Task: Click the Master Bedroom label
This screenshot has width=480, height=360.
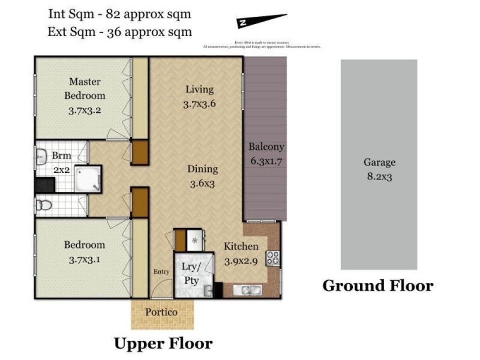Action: (x=85, y=88)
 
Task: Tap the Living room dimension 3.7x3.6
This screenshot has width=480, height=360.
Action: (x=199, y=103)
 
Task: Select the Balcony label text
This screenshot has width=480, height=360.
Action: (x=266, y=146)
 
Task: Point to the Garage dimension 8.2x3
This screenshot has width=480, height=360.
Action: (x=379, y=176)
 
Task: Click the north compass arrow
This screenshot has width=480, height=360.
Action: (x=262, y=21)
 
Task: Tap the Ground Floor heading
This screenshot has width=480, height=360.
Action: (x=378, y=286)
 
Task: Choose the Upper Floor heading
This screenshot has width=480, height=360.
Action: (x=163, y=344)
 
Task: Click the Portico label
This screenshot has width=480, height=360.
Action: (x=161, y=313)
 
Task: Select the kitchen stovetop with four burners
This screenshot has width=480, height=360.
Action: (x=273, y=258)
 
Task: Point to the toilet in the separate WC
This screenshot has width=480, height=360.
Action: (x=44, y=205)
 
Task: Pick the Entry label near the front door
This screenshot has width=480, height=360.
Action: (x=161, y=271)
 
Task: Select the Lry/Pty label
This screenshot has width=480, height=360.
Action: (x=191, y=271)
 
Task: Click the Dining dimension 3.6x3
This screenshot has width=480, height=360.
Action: (x=202, y=184)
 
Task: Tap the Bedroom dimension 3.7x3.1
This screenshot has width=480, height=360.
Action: (x=85, y=260)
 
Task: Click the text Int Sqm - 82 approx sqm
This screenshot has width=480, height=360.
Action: (x=120, y=14)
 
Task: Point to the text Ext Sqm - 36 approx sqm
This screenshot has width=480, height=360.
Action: (x=120, y=31)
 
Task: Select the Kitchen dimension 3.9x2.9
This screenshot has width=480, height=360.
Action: (x=241, y=261)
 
